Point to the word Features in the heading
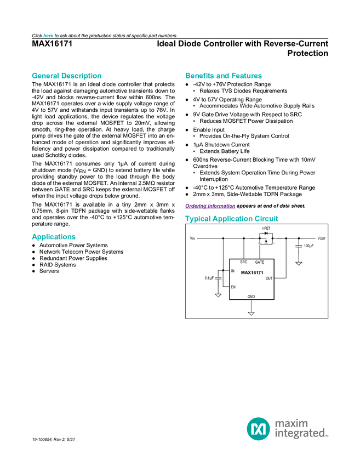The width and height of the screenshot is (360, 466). click(247, 76)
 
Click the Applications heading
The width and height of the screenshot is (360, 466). click(53, 237)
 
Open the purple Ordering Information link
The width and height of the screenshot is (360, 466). click(210, 206)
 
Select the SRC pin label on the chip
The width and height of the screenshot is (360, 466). click(243, 262)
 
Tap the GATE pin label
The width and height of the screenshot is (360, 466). click(260, 262)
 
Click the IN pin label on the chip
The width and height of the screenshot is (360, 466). click(233, 271)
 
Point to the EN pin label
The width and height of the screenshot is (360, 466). click(233, 287)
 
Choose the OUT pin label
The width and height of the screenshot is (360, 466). click(269, 279)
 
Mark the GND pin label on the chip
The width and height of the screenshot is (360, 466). click(251, 297)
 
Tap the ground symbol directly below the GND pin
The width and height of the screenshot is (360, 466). click(251, 313)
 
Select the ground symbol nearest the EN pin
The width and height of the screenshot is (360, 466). click(218, 295)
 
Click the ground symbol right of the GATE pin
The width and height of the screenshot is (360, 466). click(299, 264)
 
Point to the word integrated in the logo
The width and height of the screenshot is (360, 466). click(301, 434)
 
